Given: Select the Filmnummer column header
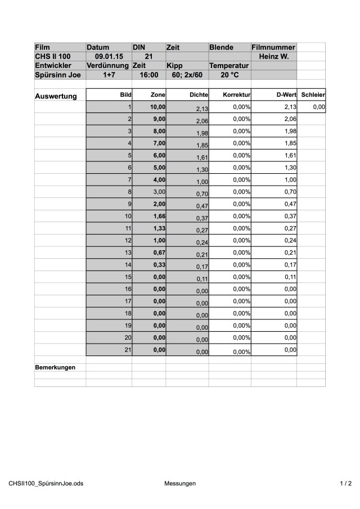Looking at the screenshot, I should pos(273,48).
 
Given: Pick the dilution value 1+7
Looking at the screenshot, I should pos(109,75).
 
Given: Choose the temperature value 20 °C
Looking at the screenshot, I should pos(229,75).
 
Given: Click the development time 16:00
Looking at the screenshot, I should pos(148,75).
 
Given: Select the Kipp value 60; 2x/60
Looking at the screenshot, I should pos(187,75).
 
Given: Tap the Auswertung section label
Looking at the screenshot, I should pos(56,96).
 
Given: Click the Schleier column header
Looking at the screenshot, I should pos(313,95).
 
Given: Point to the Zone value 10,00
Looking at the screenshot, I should pos(157,107).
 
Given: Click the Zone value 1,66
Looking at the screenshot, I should pos(159,216).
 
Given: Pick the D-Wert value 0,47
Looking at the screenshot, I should pos(290,204).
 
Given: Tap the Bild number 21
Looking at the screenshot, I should pos(127,349).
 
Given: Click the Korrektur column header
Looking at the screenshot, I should pos(236,95).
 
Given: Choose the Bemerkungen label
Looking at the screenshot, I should pos(55,367).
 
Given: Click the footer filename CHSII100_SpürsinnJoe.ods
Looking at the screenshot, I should pos(46,483).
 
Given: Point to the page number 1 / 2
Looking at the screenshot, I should pos(345,483).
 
